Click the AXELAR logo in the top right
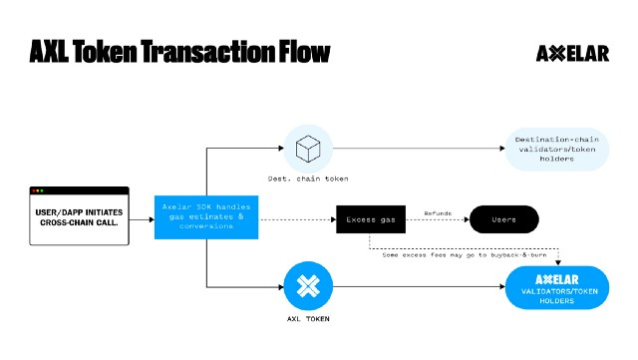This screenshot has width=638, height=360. click(572, 53)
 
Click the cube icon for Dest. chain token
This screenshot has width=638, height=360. click(307, 150)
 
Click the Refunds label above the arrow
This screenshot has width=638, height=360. click(437, 211)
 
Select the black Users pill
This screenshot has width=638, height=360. click(503, 219)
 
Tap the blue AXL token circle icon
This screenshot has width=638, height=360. click(307, 286)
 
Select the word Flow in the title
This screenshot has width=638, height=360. click(296, 52)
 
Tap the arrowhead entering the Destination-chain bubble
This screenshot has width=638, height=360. click(501, 150)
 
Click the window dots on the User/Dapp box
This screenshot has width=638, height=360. click(39, 190)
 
